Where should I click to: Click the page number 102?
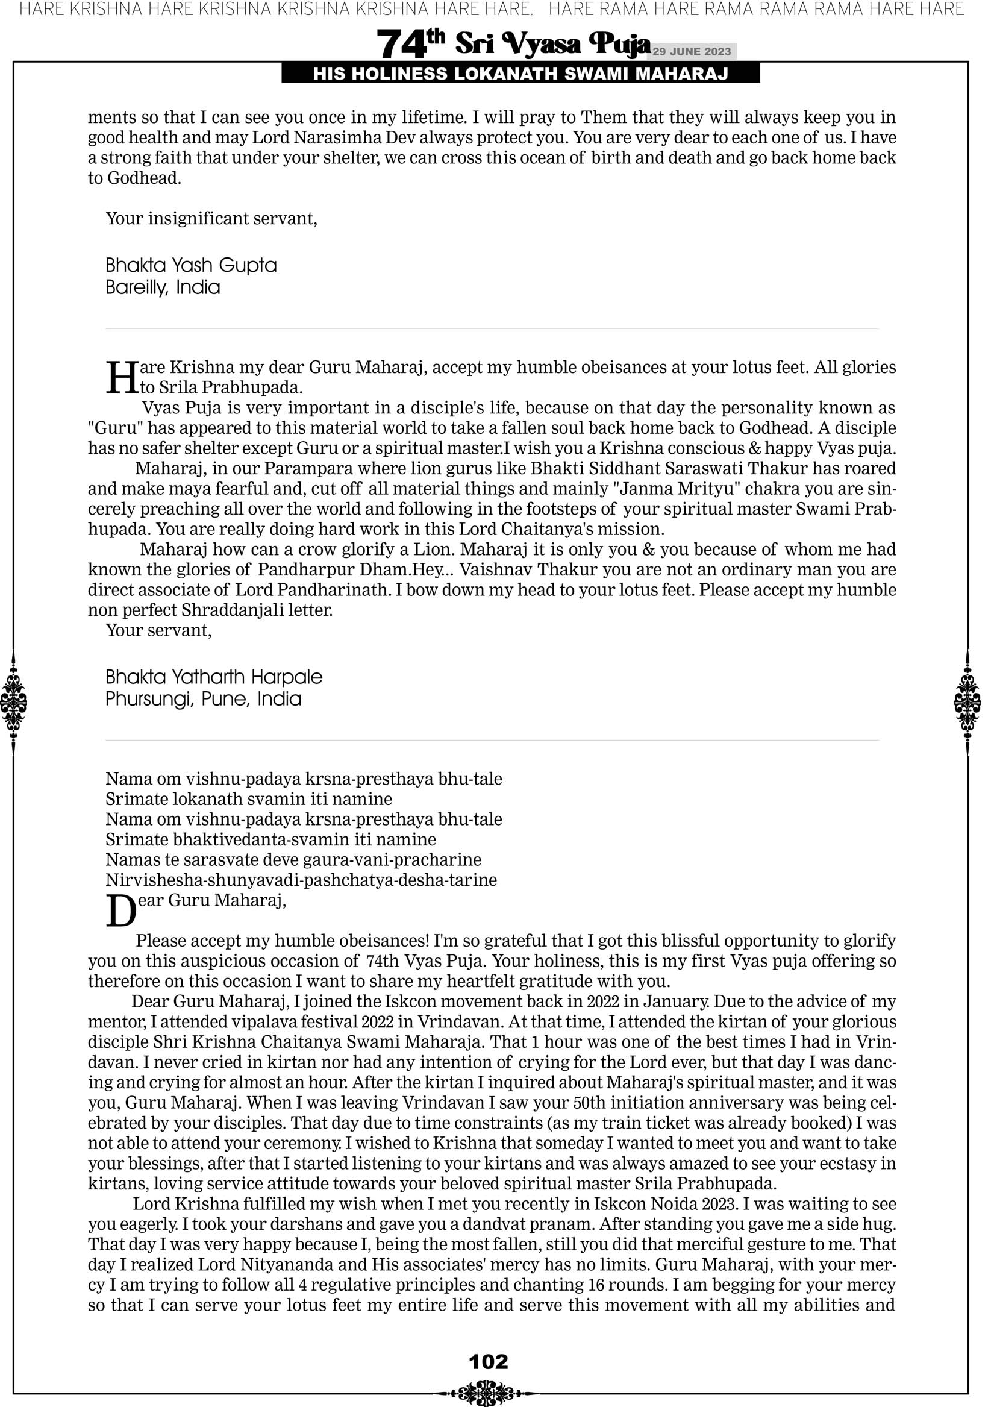coord(488,1362)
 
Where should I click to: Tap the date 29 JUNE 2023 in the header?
coord(691,51)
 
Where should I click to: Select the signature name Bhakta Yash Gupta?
coord(191,265)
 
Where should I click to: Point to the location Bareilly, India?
coord(163,287)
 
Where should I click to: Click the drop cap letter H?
coord(122,378)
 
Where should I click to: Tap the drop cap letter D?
coord(120,911)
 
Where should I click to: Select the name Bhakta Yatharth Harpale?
coord(214,677)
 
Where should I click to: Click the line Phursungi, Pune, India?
coord(204,699)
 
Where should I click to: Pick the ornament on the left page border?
coord(13,702)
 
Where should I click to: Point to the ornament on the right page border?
coord(967,702)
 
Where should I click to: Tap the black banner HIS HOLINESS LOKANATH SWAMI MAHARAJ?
coord(520,74)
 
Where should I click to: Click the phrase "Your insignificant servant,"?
coord(211,219)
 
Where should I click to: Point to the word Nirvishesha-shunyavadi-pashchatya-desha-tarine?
coord(301,880)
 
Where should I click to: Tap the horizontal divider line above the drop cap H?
coord(492,328)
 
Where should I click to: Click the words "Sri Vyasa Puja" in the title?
coord(552,44)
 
